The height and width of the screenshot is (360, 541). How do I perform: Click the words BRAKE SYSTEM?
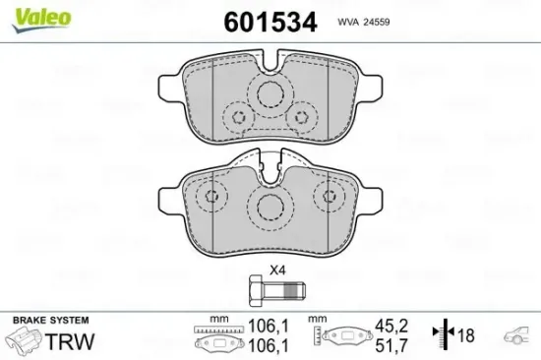(49, 321)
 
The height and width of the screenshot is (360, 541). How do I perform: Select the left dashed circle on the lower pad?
(208, 200)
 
